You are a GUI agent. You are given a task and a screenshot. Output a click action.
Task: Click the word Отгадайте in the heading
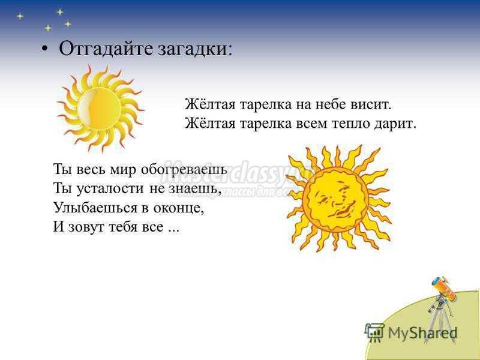click(106, 49)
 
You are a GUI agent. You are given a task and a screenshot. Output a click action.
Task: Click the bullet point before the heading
click(44, 49)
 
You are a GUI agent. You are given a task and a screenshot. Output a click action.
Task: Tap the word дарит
click(394, 124)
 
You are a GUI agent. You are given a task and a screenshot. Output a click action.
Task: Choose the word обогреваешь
click(184, 169)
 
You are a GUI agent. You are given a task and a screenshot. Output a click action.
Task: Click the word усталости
click(110, 188)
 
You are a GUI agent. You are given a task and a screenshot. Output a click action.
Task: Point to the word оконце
click(179, 208)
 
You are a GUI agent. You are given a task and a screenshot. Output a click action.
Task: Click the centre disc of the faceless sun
click(99, 109)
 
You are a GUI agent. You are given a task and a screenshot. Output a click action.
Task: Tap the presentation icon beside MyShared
click(374, 332)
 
